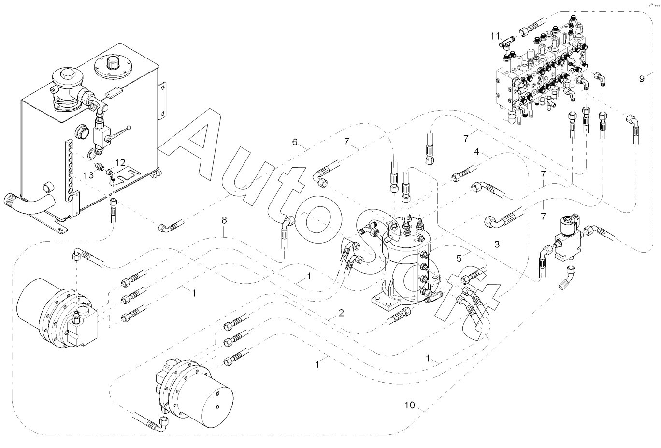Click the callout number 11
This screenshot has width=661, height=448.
(495, 36)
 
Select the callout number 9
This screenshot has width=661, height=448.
(642, 79)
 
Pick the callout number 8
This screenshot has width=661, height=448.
(224, 220)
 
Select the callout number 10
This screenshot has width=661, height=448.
(410, 405)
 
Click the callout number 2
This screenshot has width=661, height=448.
(341, 313)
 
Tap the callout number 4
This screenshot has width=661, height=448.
(476, 152)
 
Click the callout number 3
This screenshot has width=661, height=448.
(496, 245)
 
